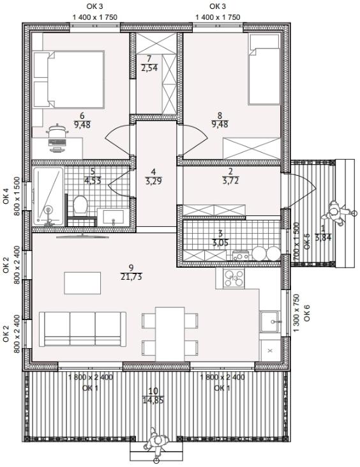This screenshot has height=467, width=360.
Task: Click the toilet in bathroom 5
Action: click(x=80, y=204)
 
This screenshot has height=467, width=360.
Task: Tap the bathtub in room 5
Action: click(x=49, y=196)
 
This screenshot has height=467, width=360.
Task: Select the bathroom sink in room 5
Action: click(x=110, y=217)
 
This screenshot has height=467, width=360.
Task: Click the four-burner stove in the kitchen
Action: click(x=234, y=278)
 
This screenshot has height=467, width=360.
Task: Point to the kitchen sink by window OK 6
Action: click(x=270, y=321)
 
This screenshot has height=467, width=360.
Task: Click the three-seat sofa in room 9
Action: click(x=82, y=329)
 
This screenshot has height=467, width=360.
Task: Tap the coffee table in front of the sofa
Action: click(x=82, y=283)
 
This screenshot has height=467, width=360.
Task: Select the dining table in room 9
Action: click(x=170, y=334)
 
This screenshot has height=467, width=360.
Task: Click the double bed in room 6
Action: click(x=69, y=79)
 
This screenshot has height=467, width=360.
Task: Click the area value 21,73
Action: click(x=131, y=277)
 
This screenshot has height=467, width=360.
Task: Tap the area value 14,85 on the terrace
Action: click(x=153, y=400)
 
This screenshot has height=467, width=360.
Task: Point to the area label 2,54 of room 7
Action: click(x=149, y=68)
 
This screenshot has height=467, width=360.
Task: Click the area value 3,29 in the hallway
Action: click(x=154, y=181)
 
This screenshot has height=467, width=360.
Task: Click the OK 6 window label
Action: click(x=307, y=313)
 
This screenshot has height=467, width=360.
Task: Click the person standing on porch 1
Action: click(x=335, y=212)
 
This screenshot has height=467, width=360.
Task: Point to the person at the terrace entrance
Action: click(x=156, y=441)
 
